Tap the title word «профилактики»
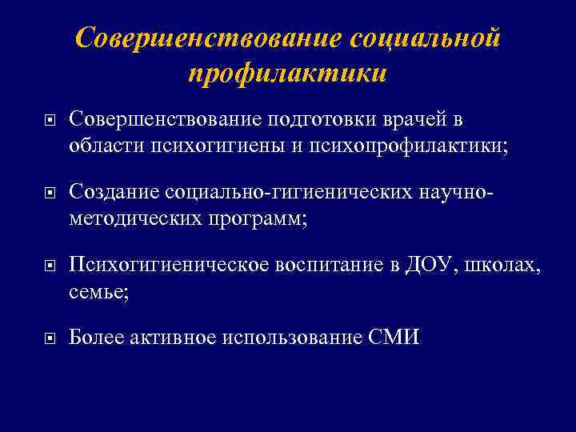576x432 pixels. [288, 73]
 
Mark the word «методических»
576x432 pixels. [128, 219]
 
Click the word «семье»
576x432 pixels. [98, 292]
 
